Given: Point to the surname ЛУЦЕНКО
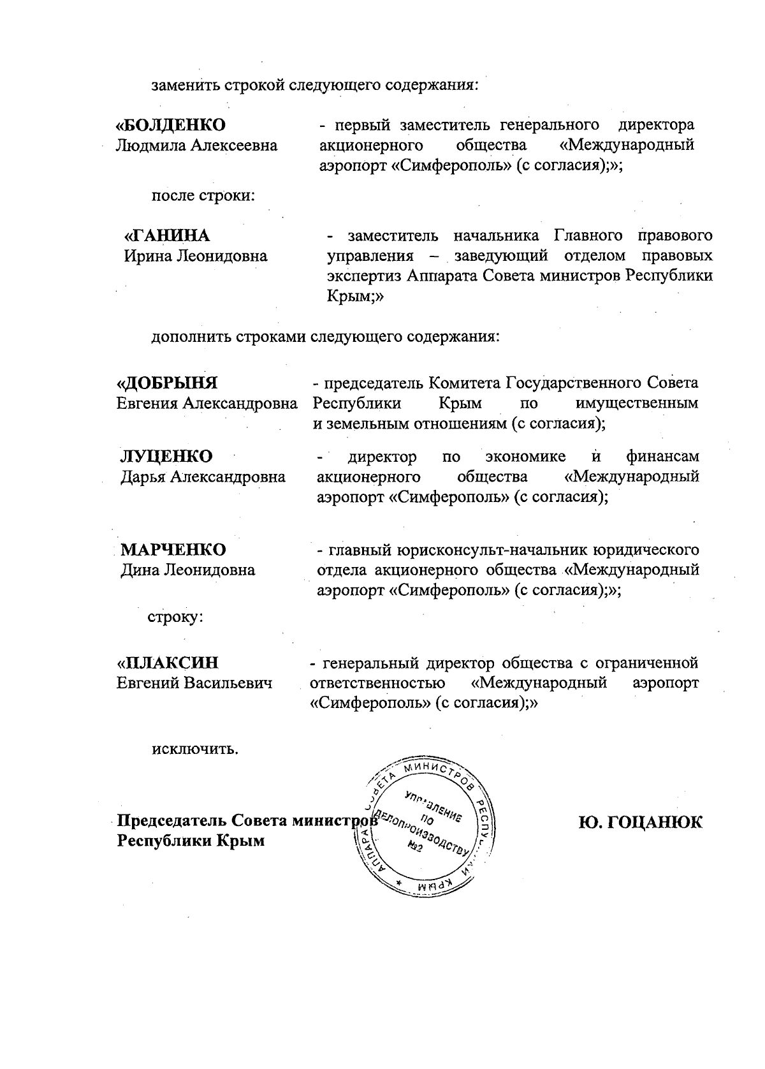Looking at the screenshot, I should [167, 457].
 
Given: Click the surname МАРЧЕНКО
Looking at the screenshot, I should [173, 550].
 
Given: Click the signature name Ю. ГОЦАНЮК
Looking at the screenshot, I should [639, 822].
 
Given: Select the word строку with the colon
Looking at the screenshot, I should [175, 617].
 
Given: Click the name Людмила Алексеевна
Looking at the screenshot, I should [196, 145].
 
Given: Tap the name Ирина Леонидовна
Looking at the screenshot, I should [195, 256].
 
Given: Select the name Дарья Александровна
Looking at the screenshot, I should [203, 477].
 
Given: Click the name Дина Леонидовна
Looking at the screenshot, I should [188, 570].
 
